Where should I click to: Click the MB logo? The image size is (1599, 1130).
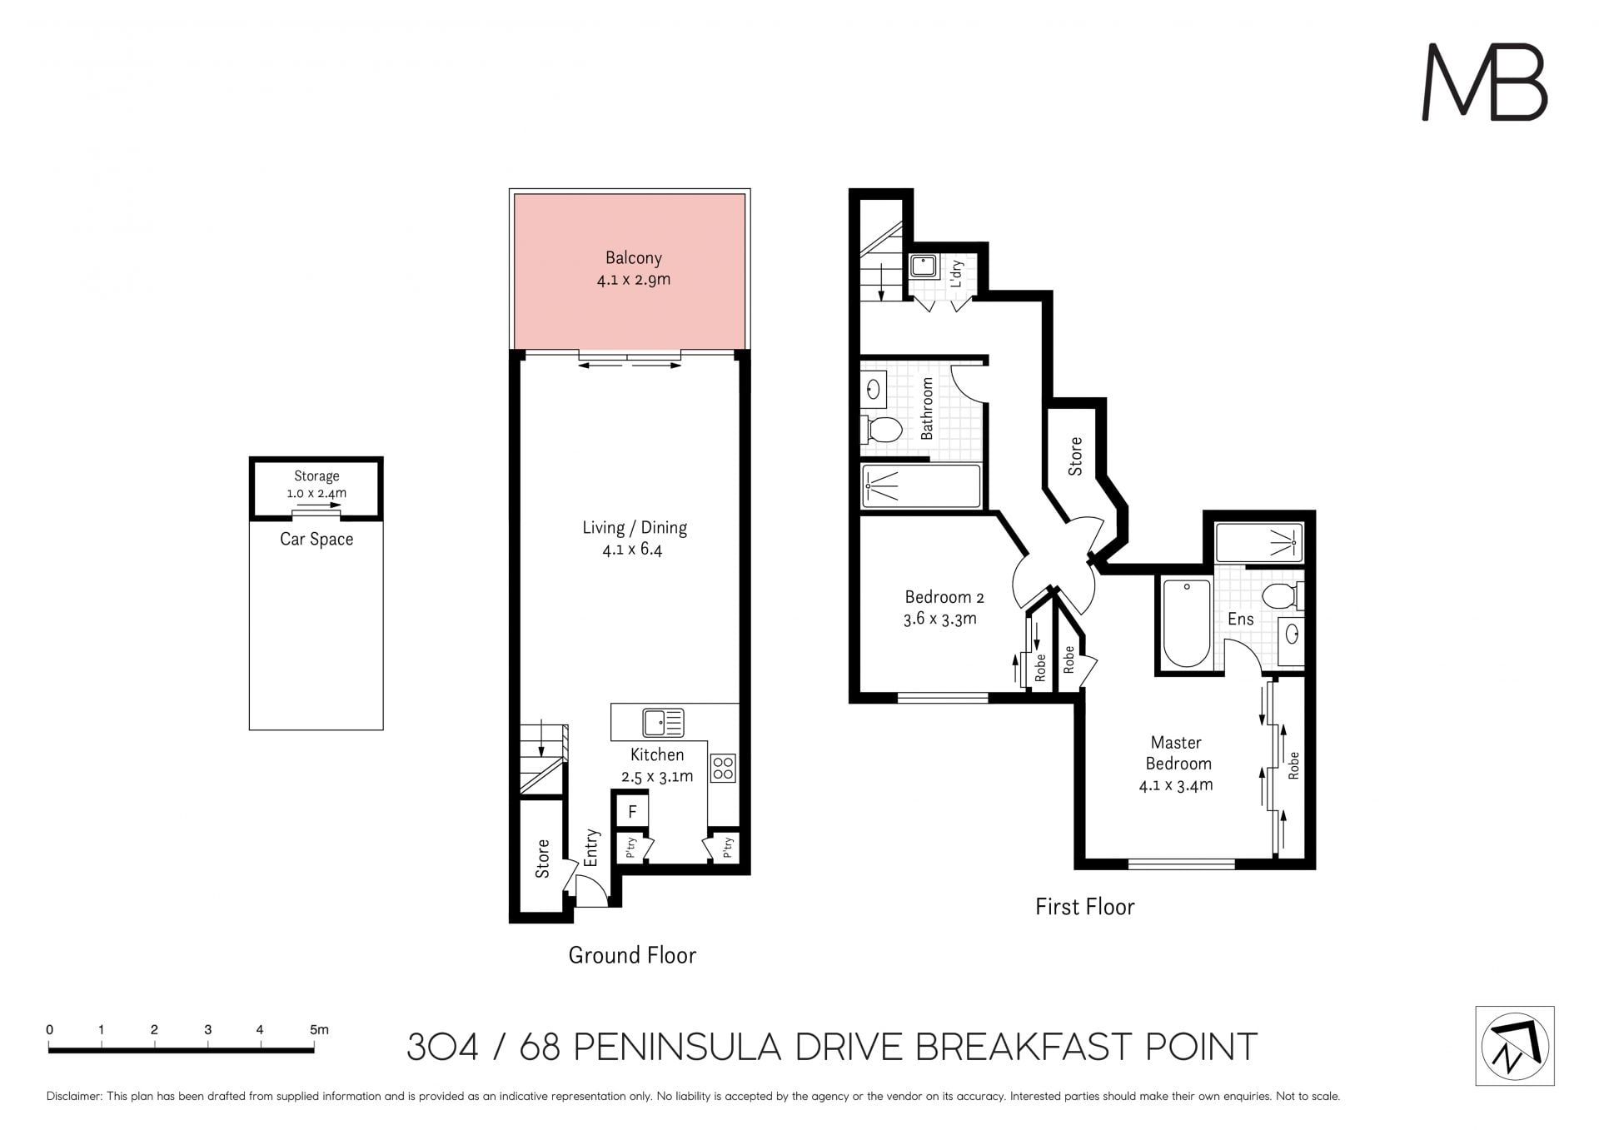pos(1484,82)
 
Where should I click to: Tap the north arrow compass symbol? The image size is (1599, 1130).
pos(1514,1046)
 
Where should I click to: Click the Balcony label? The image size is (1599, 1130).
pos(633,258)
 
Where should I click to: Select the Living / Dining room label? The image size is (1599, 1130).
pos(635,528)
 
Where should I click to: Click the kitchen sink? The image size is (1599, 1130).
pos(664,722)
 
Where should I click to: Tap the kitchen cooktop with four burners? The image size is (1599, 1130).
pos(723,768)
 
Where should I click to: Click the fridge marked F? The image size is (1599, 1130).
pos(632,812)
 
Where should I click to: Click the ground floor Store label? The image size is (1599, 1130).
pos(542,859)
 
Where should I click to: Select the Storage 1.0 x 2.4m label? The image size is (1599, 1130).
pos(316,485)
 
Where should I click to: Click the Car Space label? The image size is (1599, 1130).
pos(316,540)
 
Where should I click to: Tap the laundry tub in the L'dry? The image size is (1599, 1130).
pos(924,266)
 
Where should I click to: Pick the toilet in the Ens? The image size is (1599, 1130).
pos(1282,596)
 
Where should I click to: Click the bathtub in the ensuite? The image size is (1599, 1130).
pos(1186,624)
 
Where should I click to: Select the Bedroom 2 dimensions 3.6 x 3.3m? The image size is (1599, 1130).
pos(940,619)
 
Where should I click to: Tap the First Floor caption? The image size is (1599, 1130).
pos(1084,907)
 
